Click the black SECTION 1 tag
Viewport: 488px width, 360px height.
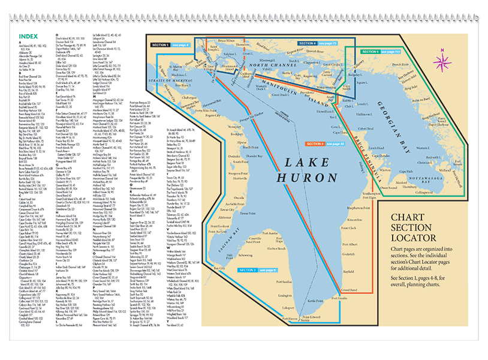pos(160,45)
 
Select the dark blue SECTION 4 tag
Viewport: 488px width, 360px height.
pos(308,43)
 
